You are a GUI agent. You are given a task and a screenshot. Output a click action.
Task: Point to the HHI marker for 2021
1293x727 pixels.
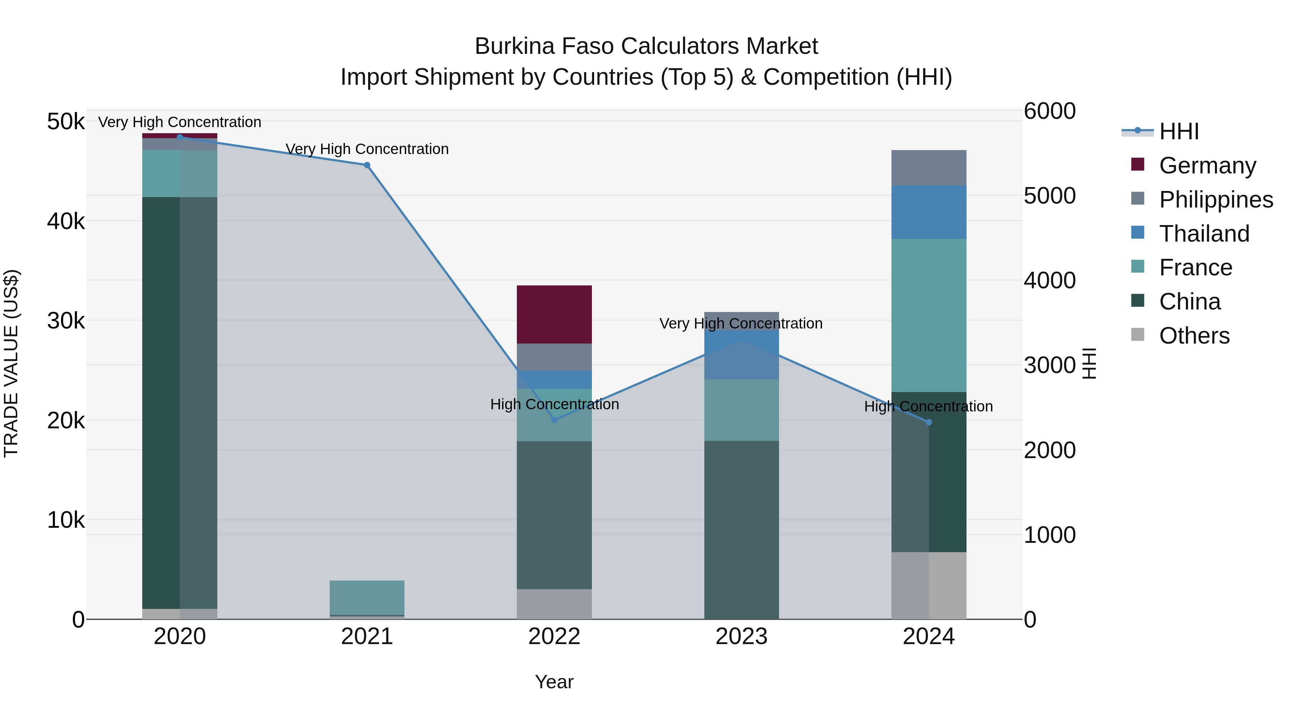[x=367, y=165]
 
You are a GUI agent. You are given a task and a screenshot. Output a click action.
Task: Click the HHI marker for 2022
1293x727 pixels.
[x=554, y=420]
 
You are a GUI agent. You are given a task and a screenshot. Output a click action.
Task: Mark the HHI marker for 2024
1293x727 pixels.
[x=928, y=423]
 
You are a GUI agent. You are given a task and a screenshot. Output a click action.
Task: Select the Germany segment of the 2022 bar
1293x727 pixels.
[x=554, y=314]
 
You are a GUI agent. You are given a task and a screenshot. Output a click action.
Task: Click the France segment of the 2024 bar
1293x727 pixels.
[x=928, y=315]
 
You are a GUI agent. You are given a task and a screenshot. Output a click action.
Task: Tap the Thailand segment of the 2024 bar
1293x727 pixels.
[x=928, y=212]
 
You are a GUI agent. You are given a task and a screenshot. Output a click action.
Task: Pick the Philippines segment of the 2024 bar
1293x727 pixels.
[x=928, y=168]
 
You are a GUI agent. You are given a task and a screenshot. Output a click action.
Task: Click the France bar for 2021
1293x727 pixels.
[x=367, y=597]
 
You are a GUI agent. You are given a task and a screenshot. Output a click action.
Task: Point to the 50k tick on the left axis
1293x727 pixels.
[x=66, y=122]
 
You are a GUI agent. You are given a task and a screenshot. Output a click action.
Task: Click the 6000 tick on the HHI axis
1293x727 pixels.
[x=1049, y=111]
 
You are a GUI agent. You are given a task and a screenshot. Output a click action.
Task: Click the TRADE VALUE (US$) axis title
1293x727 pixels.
[x=11, y=364]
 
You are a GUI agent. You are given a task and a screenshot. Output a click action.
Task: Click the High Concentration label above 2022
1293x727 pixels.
[x=554, y=404]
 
